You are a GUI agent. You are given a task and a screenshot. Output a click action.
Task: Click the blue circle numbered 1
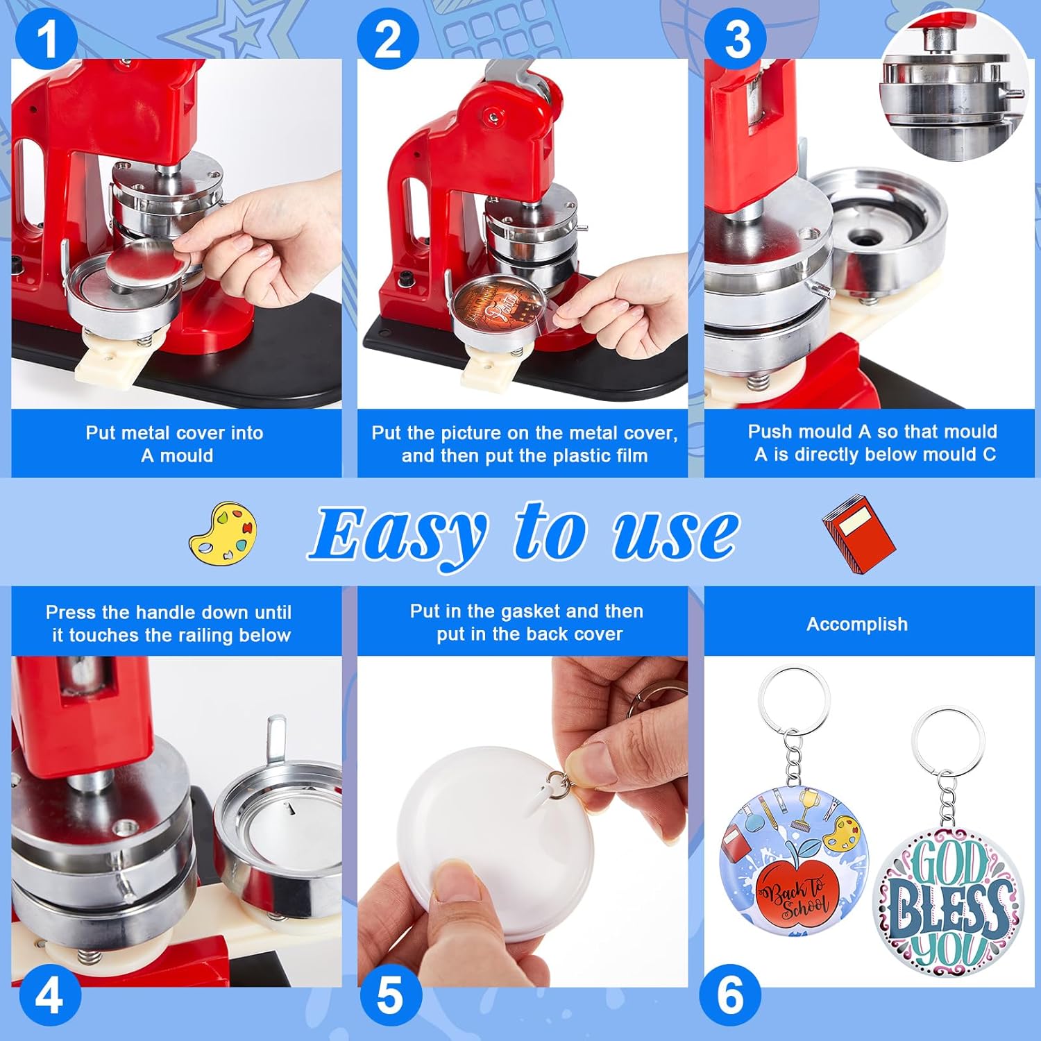(x=46, y=39)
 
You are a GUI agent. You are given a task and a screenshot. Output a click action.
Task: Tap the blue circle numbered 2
(x=388, y=39)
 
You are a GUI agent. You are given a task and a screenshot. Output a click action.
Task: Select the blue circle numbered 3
(x=736, y=39)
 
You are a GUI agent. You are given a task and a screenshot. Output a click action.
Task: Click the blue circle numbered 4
(x=49, y=996)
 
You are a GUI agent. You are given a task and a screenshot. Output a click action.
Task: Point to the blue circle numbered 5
(x=390, y=996)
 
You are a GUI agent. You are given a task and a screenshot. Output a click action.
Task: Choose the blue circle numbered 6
(x=730, y=996)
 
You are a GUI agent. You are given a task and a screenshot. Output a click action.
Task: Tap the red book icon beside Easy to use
(x=858, y=532)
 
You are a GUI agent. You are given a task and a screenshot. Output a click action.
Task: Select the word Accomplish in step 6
(x=856, y=624)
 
